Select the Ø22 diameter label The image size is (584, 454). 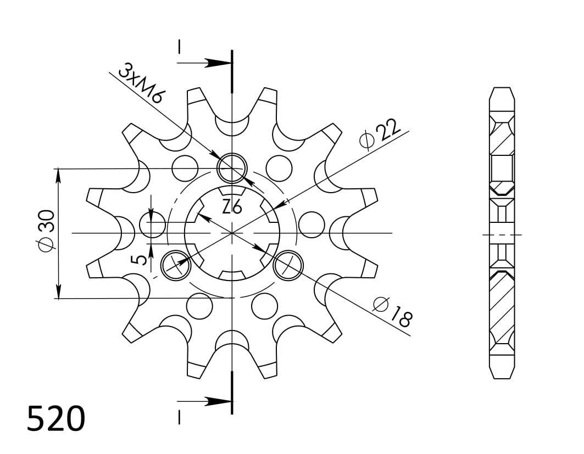pos(379,134)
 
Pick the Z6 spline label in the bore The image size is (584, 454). pos(232,207)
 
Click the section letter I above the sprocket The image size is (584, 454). pos(179,47)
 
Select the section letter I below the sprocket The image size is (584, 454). pos(179,417)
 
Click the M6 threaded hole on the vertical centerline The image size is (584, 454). pos(232,168)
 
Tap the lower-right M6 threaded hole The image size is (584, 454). pos(288,265)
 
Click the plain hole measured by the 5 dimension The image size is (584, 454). pos(153,225)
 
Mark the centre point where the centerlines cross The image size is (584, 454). pos(232,233)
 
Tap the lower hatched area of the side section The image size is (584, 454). pos(502,305)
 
